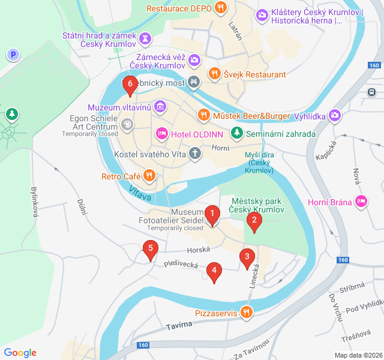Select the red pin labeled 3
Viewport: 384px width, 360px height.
pyautogui.click(x=246, y=257)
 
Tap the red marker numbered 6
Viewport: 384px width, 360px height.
pyautogui.click(x=129, y=85)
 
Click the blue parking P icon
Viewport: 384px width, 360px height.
pyautogui.click(x=13, y=55)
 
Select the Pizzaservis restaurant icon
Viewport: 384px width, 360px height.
pyautogui.click(x=246, y=313)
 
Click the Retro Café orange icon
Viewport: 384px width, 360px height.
pyautogui.click(x=149, y=176)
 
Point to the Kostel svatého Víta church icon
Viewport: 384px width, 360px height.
pyautogui.click(x=194, y=154)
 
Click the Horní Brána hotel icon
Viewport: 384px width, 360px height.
pyautogui.click(x=361, y=202)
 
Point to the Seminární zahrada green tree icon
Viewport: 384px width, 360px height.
pyautogui.click(x=238, y=133)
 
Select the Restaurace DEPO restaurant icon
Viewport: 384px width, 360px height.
pyautogui.click(x=221, y=8)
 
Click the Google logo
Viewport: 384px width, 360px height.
pyautogui.click(x=20, y=353)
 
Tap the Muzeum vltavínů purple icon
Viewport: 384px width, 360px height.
pyautogui.click(x=160, y=107)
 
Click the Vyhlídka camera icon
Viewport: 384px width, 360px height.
pyautogui.click(x=335, y=115)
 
